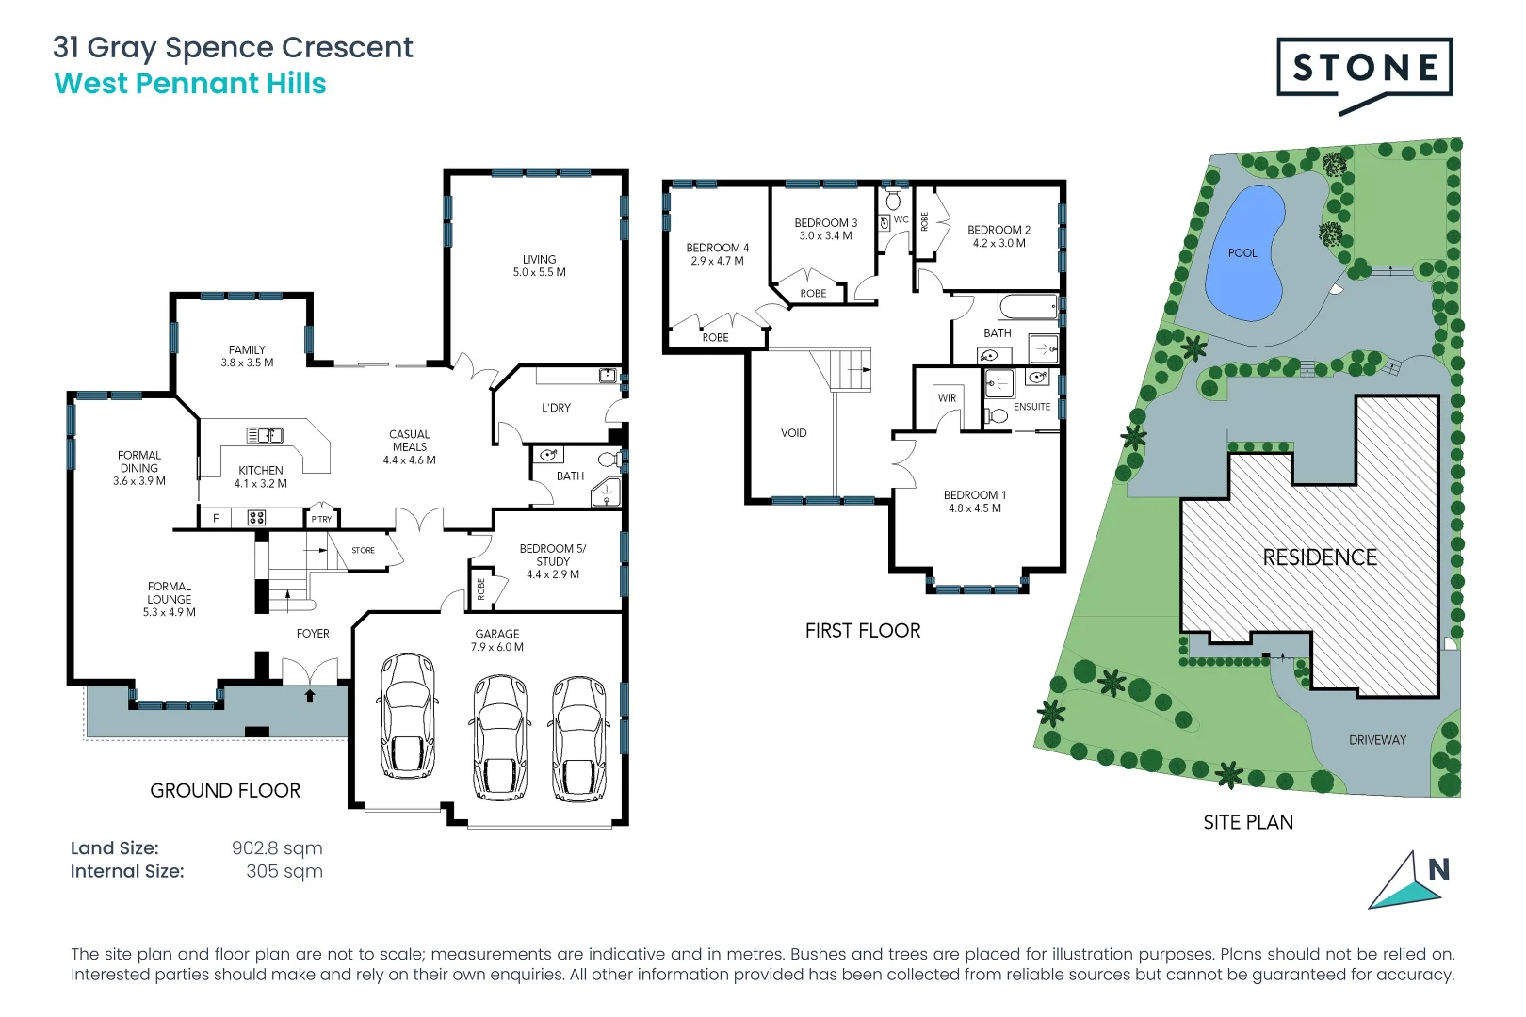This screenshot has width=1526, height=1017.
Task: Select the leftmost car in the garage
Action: [x=408, y=716]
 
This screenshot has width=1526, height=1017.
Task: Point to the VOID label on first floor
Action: [x=793, y=433]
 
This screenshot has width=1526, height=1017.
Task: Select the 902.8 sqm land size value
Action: [x=277, y=847]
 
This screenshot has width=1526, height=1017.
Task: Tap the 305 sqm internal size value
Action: [x=284, y=871]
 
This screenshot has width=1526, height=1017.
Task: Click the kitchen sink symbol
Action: [x=265, y=435]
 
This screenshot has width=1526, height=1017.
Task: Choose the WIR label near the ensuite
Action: [x=947, y=398]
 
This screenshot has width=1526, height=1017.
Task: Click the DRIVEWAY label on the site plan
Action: [x=1376, y=740]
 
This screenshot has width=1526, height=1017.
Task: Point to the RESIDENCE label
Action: [x=1319, y=557]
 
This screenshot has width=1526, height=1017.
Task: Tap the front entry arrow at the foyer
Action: [x=310, y=696]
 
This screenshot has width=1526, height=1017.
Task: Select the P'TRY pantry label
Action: [x=321, y=519]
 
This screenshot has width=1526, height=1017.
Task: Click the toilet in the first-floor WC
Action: [x=893, y=200]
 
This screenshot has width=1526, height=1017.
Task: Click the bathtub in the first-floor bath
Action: [x=1028, y=307]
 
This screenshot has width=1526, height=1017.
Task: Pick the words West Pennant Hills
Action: [x=190, y=84]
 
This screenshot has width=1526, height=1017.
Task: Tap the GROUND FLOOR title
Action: [x=225, y=791]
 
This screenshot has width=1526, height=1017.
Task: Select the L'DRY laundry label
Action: [x=556, y=408]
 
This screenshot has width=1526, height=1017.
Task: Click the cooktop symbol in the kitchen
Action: [x=256, y=518]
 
